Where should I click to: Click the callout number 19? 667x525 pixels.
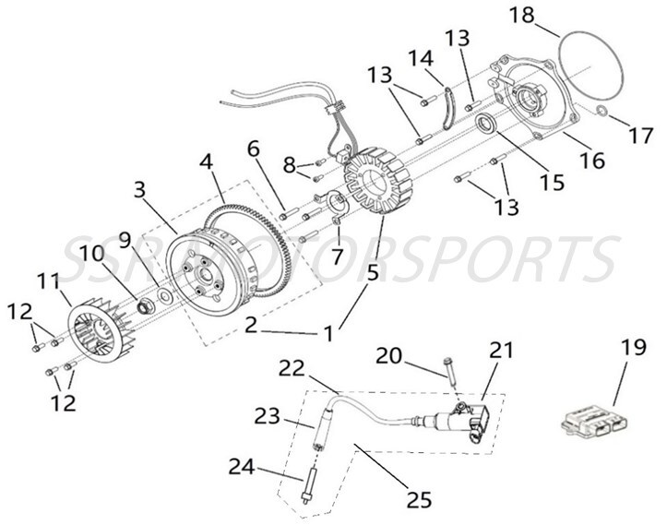[631, 351]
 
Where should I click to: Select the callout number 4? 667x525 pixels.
[208, 161]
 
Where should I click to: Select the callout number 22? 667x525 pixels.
[292, 368]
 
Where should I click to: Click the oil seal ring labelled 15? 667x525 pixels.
[486, 125]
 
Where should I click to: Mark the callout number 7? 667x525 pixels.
[336, 251]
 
